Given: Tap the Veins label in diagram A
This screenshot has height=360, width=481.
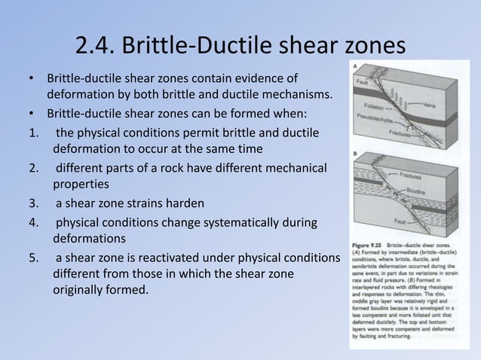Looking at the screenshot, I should point(430,105).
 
